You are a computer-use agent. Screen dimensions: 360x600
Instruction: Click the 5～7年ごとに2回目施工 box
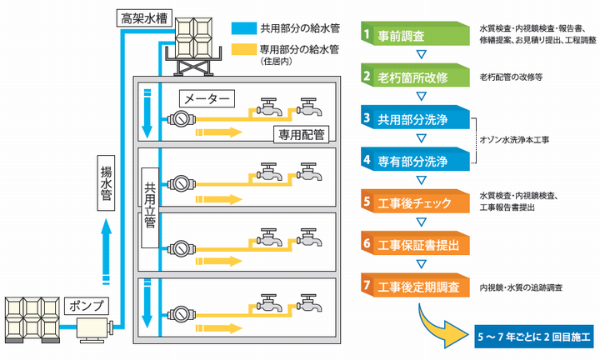point(534,338)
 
